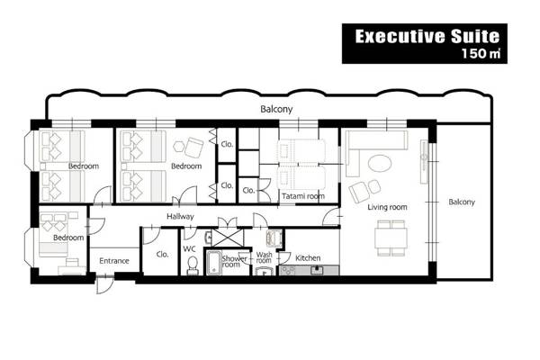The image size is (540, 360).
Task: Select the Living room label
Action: [387, 207]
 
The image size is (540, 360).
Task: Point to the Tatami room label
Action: [302, 195]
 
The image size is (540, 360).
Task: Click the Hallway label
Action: [181, 217]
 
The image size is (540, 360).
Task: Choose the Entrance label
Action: [114, 261]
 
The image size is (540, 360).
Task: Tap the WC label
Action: [190, 248]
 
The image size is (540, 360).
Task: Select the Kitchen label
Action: [308, 258]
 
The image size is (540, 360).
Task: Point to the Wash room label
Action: [264, 257]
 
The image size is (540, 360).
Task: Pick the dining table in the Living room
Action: [391, 237]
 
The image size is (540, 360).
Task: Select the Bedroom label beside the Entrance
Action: [67, 238]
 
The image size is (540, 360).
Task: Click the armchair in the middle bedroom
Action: [193, 144]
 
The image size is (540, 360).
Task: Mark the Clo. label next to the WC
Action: [163, 254]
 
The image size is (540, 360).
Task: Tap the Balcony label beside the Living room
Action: [462, 202]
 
